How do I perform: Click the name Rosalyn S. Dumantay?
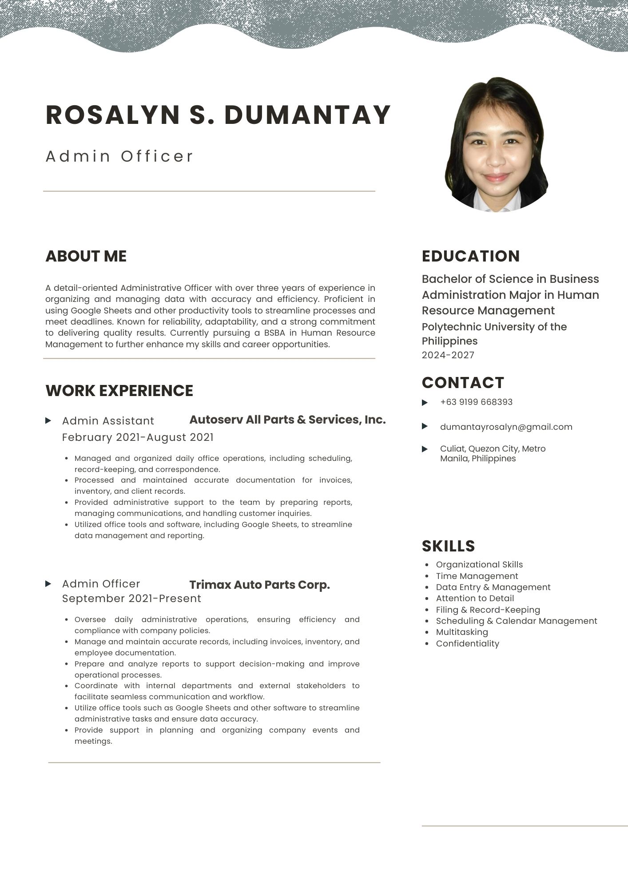coord(218,115)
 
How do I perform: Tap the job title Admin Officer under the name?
coord(119,156)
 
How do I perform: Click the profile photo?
coord(496,145)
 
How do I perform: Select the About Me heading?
coord(86,256)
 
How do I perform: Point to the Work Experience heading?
coord(119,391)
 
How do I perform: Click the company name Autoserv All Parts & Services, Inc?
coord(287,420)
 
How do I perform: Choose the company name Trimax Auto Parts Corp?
coord(259,585)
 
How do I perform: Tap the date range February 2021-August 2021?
coord(138,437)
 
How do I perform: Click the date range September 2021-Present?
coord(131,599)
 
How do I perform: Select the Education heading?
coord(470,256)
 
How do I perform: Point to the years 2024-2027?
coord(448,355)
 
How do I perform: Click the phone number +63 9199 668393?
coord(476,402)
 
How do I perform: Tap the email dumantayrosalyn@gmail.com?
coord(506,427)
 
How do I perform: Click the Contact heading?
coord(463,383)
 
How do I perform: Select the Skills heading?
coord(448,546)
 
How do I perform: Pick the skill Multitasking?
coord(461,632)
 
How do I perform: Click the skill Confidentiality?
coord(467,644)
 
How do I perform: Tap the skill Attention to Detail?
coord(475,599)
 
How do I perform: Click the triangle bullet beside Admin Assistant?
coord(48,420)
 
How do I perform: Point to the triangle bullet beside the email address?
coord(425,427)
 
